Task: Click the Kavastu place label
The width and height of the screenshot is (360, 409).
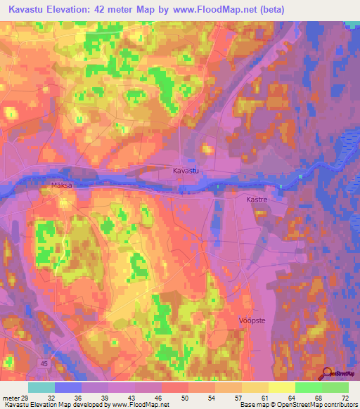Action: [x=187, y=171]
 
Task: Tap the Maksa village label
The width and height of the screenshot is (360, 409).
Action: [x=62, y=186]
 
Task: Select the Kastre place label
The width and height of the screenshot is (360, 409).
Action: [x=257, y=200]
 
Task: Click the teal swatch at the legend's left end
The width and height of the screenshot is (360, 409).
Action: [x=41, y=387]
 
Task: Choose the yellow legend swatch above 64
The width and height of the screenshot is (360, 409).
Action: [x=282, y=387]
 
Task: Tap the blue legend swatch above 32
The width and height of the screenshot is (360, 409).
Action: [x=68, y=387]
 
